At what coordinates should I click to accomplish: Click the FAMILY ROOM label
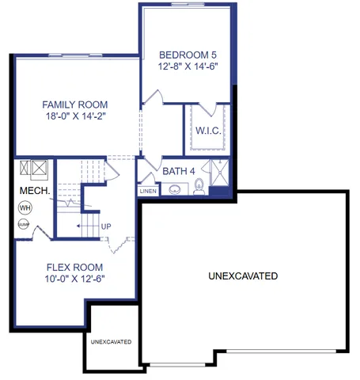(75, 104)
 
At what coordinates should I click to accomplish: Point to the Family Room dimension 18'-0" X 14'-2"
(75, 117)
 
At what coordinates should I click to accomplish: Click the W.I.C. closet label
(208, 130)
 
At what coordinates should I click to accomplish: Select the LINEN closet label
(148, 191)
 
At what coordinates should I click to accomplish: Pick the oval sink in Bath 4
(174, 190)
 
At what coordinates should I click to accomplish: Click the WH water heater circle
(25, 207)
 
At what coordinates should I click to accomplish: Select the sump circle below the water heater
(24, 225)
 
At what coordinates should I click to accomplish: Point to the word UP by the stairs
(105, 226)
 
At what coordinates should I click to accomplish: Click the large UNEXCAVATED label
(243, 276)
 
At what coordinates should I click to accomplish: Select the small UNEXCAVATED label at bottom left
(111, 342)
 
